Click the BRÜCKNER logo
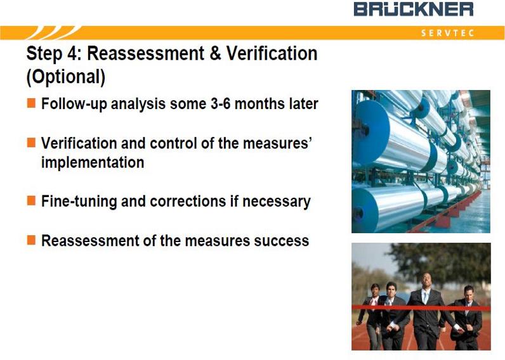(414, 9)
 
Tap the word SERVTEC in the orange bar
(447, 33)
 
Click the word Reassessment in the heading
(145, 53)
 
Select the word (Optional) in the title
(66, 77)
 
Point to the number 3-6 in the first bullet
(221, 103)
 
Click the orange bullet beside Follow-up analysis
(31, 103)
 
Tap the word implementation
(93, 162)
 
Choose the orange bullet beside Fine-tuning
(31, 200)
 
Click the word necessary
(277, 202)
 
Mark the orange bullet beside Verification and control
(31, 143)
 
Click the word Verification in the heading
(272, 53)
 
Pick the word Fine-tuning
(79, 202)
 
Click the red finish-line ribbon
(421, 308)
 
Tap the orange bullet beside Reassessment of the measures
(31, 240)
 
